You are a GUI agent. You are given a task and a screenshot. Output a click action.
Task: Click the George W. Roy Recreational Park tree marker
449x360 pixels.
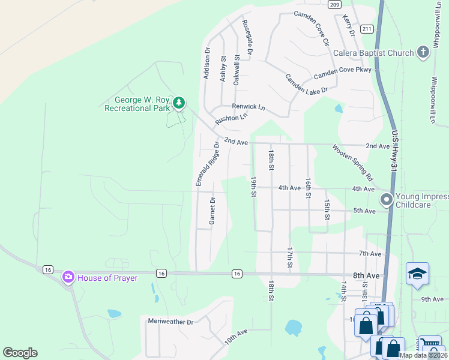[x=178, y=103]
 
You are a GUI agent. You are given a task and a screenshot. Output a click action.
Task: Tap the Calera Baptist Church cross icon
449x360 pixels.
[x=423, y=52]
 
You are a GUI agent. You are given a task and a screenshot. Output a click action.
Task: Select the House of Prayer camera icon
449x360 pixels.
[x=68, y=277]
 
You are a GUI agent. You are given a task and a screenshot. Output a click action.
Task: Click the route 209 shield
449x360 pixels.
[x=335, y=4]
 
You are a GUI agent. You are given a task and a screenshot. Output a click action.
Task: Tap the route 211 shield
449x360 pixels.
[x=367, y=29]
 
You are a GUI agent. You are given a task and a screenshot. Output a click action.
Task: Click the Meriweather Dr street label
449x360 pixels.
[x=171, y=322]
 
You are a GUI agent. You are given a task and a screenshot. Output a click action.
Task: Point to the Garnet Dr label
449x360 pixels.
[x=212, y=211]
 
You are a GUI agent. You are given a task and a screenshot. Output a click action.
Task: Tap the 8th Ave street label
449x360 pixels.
[x=366, y=275]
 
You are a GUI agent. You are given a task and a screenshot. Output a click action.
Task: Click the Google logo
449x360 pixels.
[x=20, y=353]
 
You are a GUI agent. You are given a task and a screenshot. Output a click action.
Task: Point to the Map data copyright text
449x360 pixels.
[x=423, y=355]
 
